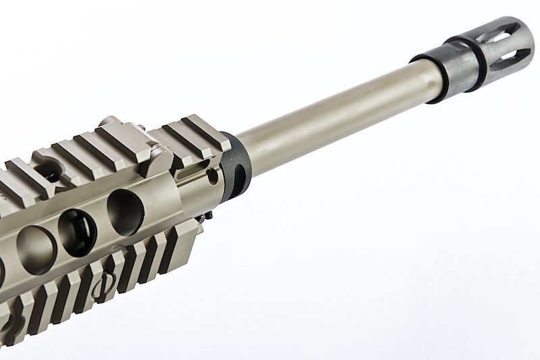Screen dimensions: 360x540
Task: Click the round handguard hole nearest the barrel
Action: pyautogui.click(x=124, y=211)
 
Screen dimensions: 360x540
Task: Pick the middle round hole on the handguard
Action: pyautogui.click(x=77, y=233)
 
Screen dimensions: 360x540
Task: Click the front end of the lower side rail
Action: pyautogui.click(x=192, y=233)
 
